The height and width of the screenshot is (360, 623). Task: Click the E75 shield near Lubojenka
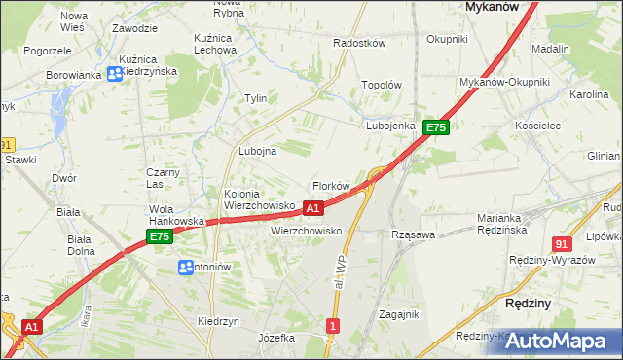435,127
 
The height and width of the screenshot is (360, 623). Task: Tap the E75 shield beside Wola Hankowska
160,236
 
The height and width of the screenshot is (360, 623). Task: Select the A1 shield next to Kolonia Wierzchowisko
313,208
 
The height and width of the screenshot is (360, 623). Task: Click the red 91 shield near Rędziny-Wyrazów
561,244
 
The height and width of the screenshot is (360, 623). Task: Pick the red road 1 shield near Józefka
334,326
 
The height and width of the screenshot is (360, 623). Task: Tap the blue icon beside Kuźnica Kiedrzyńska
113,71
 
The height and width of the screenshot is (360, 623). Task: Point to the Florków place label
330,185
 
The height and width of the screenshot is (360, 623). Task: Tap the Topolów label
382,85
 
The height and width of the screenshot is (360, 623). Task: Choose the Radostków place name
360,44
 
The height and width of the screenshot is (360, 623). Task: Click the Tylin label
255,98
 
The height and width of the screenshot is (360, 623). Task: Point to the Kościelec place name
537,126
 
